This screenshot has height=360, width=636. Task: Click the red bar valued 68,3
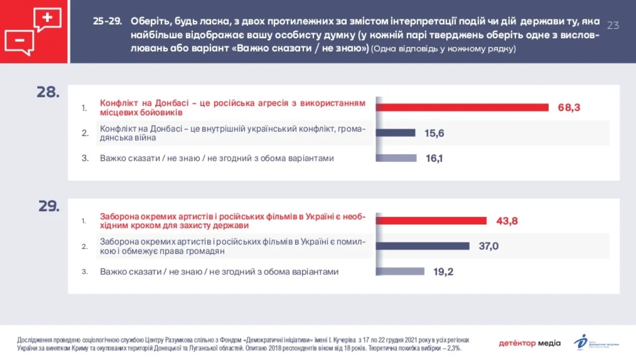click(x=462, y=107)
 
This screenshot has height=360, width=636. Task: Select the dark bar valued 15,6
click(x=395, y=133)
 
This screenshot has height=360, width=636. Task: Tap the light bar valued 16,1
click(x=396, y=158)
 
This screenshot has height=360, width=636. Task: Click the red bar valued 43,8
click(x=431, y=221)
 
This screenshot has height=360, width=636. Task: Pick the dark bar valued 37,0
click(x=422, y=246)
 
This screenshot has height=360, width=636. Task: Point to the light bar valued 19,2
click(x=400, y=271)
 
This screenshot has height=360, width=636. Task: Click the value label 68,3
click(x=569, y=107)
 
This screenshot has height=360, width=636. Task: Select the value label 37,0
click(x=488, y=246)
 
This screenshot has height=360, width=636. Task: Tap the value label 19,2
click(x=443, y=271)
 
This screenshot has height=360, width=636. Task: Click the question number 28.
click(x=48, y=92)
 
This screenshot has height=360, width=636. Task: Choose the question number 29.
click(x=49, y=206)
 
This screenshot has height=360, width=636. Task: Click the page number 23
click(x=613, y=25)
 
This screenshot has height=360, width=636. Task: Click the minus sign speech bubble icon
click(x=19, y=41)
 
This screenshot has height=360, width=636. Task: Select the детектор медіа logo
click(x=529, y=343)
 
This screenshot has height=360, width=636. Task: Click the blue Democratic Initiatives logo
click(x=581, y=342)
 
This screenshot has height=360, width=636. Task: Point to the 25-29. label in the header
click(x=107, y=21)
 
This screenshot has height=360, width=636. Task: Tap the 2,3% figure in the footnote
click(x=454, y=348)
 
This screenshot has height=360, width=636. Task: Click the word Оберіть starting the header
click(x=151, y=21)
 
